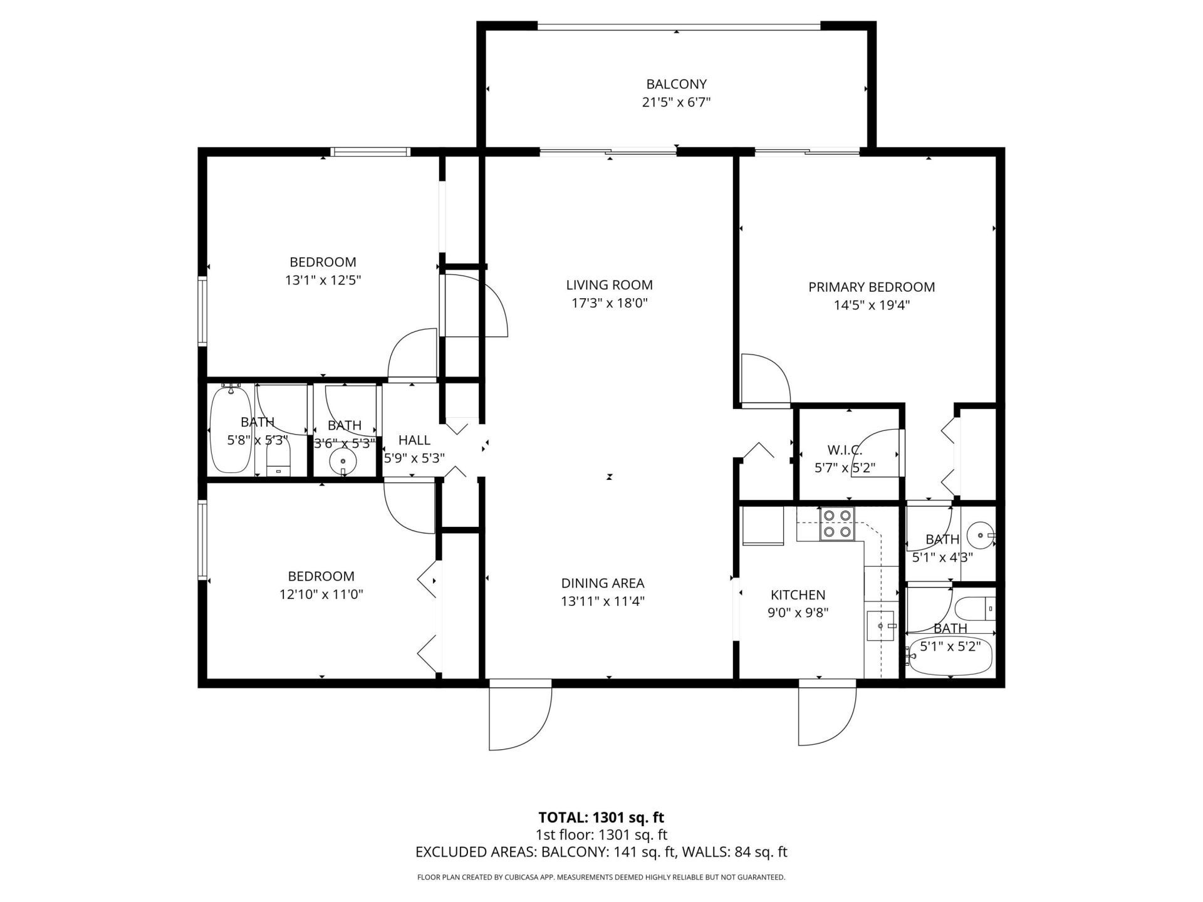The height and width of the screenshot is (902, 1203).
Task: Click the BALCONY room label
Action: click(x=676, y=84)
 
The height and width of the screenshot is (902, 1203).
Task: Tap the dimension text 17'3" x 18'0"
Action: click(x=610, y=303)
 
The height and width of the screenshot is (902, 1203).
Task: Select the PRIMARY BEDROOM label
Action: click(x=871, y=287)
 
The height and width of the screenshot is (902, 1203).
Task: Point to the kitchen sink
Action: click(x=881, y=626)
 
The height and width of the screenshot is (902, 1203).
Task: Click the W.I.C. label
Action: click(x=844, y=450)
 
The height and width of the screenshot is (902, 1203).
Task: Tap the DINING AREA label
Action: click(x=602, y=583)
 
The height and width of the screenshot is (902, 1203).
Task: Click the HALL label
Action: click(x=414, y=440)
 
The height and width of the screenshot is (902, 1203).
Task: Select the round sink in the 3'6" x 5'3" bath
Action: click(x=343, y=462)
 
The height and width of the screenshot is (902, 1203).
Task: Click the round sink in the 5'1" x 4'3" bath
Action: click(x=979, y=536)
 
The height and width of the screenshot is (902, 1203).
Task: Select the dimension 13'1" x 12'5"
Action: click(x=323, y=280)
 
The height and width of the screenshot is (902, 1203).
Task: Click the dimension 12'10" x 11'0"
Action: click(x=321, y=594)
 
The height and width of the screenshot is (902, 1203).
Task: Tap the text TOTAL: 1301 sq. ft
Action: click(x=601, y=817)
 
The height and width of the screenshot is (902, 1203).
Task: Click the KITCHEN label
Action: click(x=798, y=595)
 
